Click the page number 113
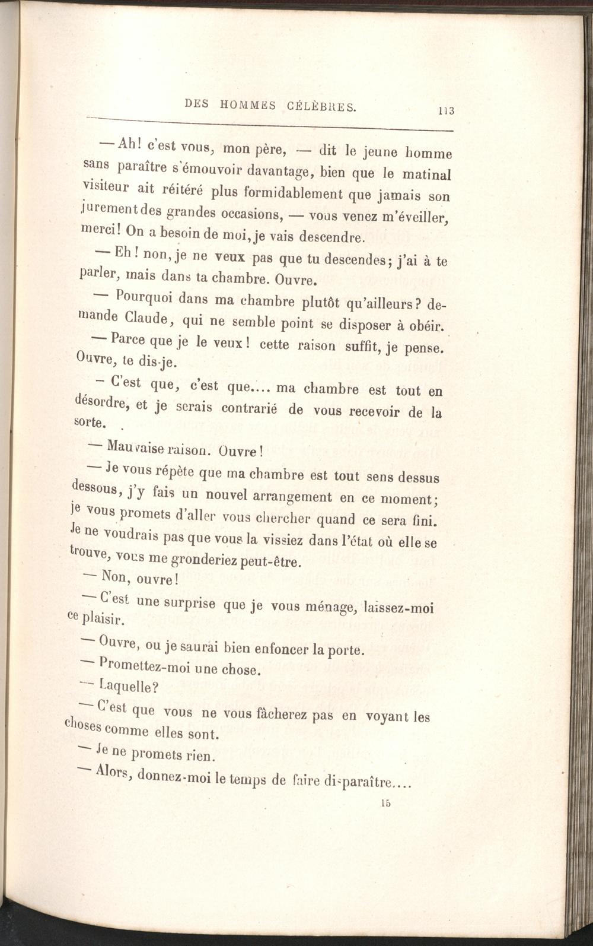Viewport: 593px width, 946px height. click(446, 110)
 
